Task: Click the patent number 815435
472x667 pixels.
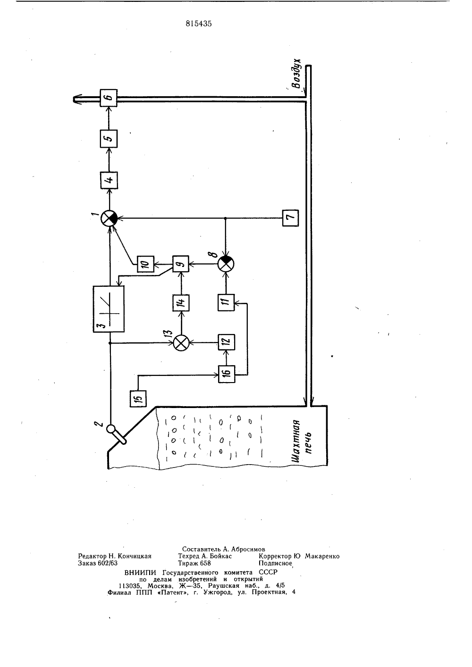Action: coord(199,24)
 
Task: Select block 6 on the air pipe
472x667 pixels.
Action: coord(109,98)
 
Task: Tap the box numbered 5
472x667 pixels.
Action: coord(109,139)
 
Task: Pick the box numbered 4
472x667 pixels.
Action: coord(109,180)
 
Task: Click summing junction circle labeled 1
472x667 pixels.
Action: coord(109,218)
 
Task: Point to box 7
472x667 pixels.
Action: coord(291,218)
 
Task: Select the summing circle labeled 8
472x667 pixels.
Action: coord(226,264)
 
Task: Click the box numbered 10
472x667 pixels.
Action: coord(146,264)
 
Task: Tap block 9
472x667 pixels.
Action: coord(181,264)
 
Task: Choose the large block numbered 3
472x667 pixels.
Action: coord(109,309)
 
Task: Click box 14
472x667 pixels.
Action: coord(181,303)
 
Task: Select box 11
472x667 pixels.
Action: coord(226,302)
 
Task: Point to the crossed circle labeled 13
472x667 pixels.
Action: coord(181,343)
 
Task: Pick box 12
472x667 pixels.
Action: coord(227,342)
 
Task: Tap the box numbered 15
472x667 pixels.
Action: coord(138,399)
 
